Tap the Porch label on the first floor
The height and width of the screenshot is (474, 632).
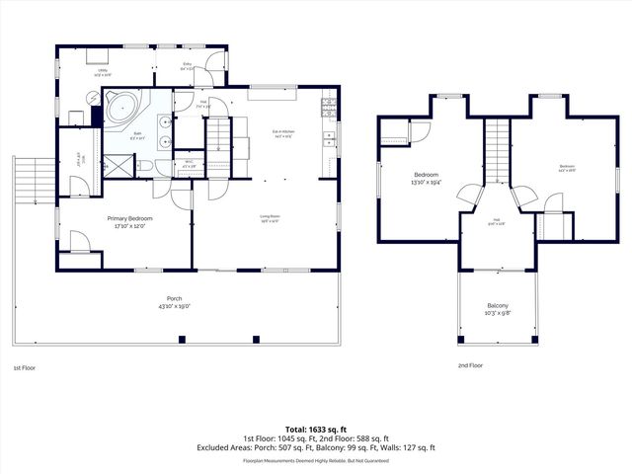coord(174,301)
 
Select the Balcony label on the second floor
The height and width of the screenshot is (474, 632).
coord(498,309)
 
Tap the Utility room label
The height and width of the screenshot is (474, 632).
coord(102,72)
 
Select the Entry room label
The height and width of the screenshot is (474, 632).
coord(187,68)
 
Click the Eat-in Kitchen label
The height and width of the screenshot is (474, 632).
coord(284,135)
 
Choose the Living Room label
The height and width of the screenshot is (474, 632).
coord(270,219)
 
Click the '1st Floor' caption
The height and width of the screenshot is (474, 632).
coord(25,367)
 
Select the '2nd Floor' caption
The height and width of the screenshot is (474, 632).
coord(470,365)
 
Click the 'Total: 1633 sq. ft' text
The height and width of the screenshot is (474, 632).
coord(316,429)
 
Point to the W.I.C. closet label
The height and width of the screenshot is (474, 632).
coord(189,165)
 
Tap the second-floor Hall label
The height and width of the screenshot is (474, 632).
coord(497,222)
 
